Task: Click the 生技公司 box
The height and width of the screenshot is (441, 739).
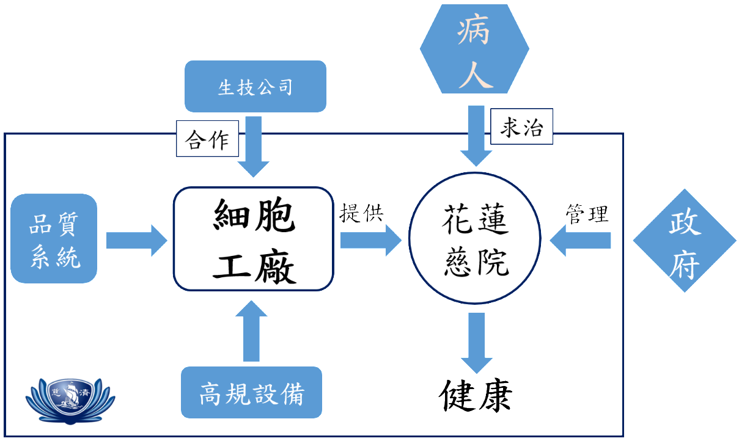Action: click(x=255, y=87)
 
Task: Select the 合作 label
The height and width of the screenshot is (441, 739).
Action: click(x=207, y=140)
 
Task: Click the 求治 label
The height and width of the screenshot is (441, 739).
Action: click(x=521, y=128)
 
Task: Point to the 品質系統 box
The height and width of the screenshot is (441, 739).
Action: click(x=54, y=239)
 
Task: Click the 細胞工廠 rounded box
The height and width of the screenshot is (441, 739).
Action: click(x=254, y=239)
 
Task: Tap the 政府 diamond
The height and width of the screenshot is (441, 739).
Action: click(x=684, y=240)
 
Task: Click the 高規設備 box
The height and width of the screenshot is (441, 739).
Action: click(x=251, y=393)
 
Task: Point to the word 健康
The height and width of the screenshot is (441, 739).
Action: click(x=475, y=396)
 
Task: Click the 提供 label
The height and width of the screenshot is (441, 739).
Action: click(x=361, y=213)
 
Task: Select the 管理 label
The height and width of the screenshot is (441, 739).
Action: click(x=587, y=214)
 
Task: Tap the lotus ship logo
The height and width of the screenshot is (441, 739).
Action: click(x=70, y=399)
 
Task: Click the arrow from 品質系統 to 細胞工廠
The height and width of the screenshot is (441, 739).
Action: click(x=136, y=240)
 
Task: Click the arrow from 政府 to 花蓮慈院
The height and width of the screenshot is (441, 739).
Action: click(x=581, y=240)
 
